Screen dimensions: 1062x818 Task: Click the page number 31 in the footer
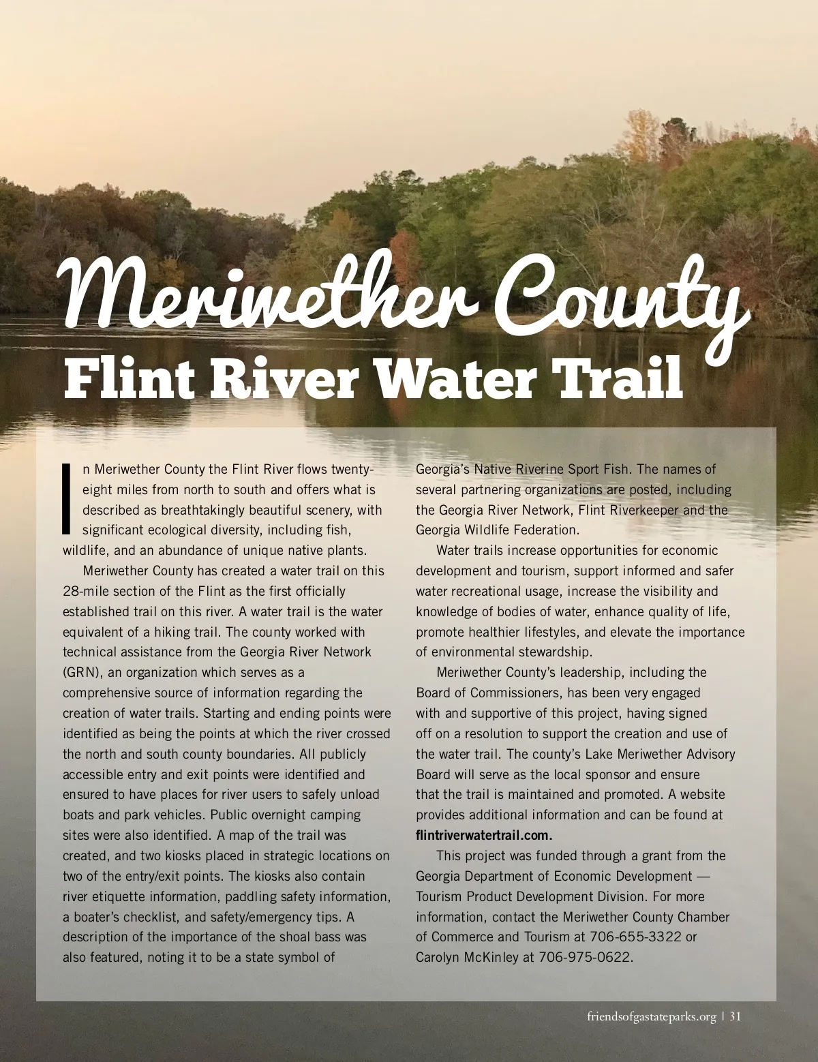coord(735,1016)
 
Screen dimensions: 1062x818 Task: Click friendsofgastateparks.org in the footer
coord(651,1017)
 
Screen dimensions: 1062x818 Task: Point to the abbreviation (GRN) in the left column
coord(82,672)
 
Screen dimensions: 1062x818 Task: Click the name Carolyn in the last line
coord(438,957)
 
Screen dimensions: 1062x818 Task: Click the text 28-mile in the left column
coord(85,591)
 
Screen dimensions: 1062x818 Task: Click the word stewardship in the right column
coord(549,652)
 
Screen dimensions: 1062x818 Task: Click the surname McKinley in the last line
coord(492,957)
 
